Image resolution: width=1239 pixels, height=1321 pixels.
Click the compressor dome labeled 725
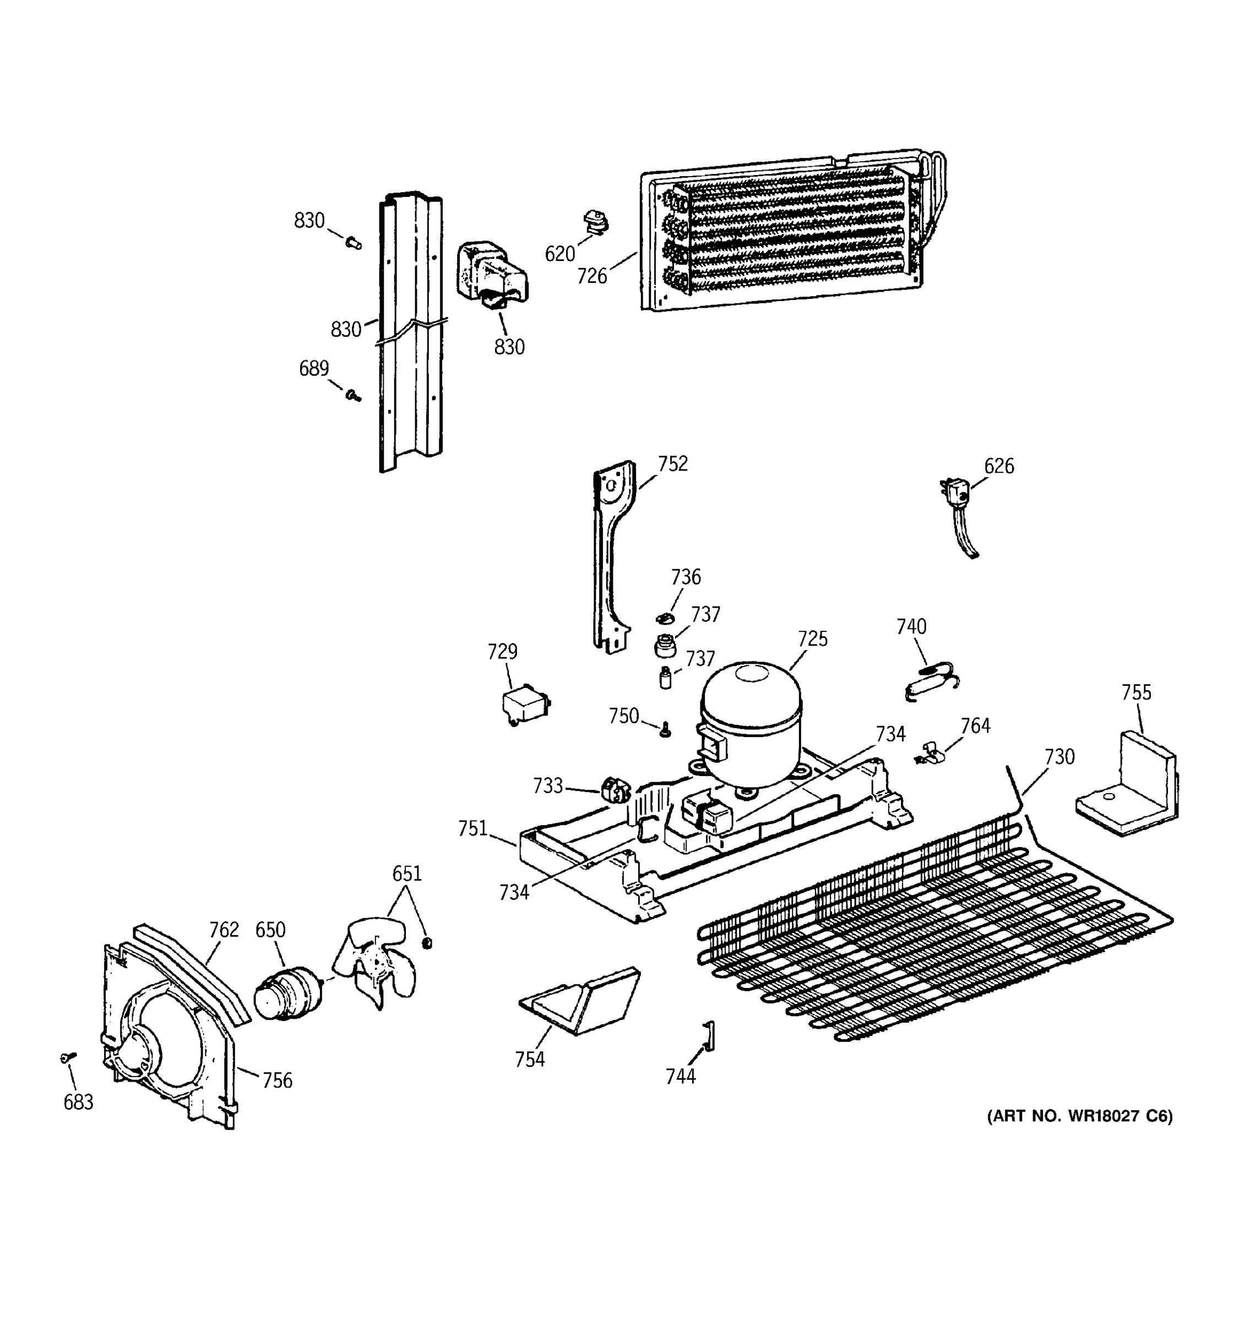(x=751, y=722)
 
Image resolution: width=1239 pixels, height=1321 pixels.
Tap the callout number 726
(x=591, y=276)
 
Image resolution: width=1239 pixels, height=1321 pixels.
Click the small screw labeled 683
(x=67, y=1057)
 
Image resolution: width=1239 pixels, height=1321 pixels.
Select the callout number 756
(x=276, y=1080)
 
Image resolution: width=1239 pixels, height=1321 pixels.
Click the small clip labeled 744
(x=709, y=1036)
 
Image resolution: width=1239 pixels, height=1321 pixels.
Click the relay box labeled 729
(x=526, y=705)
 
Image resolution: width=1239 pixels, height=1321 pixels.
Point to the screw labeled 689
(x=354, y=396)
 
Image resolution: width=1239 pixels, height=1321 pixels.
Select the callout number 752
(x=673, y=464)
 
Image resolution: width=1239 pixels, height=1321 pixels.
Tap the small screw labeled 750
(x=665, y=731)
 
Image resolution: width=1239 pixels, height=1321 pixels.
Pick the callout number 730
(x=1059, y=757)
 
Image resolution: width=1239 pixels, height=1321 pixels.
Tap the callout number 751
(x=472, y=828)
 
